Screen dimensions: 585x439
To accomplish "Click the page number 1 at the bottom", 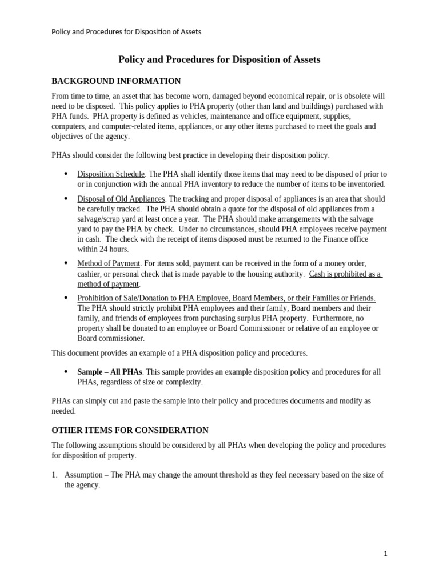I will click(385, 554).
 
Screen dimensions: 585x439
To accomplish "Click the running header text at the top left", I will click(126, 32).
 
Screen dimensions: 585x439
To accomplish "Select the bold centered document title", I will click(219, 59).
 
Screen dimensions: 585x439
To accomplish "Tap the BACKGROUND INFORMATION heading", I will click(116, 81).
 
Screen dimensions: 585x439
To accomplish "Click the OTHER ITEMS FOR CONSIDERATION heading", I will click(130, 430).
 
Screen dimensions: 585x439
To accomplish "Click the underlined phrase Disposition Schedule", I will click(111, 174).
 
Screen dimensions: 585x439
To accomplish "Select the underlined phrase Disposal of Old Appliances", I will click(121, 199).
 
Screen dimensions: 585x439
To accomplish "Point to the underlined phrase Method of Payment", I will click(109, 263).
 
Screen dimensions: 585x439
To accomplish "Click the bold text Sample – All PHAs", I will click(109, 372).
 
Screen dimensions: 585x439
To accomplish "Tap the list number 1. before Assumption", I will click(55, 475).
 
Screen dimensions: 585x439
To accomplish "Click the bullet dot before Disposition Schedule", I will click(66, 174).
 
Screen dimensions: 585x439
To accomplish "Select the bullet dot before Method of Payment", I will click(66, 263).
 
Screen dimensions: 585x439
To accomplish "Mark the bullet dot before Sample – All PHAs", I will click(66, 371).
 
